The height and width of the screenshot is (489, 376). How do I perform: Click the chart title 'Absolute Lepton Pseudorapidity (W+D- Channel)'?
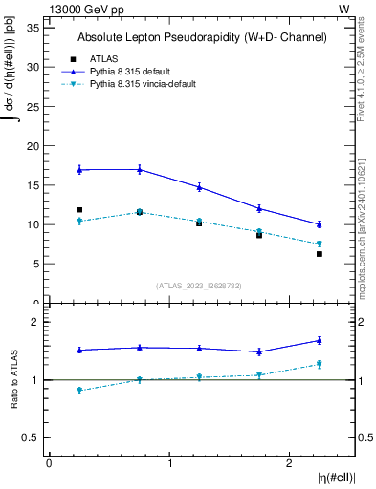tap(202, 37)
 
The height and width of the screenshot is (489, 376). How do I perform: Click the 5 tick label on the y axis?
tap(35, 265)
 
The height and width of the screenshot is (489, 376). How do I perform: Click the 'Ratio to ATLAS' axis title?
tap(14, 380)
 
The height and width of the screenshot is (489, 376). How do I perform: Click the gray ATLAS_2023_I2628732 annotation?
tap(199, 285)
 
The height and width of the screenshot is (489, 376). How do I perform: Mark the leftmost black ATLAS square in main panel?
tap(79, 210)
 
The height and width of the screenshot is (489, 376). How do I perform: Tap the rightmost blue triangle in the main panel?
tap(320, 224)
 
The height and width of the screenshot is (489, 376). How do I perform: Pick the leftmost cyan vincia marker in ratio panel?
tap(79, 391)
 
